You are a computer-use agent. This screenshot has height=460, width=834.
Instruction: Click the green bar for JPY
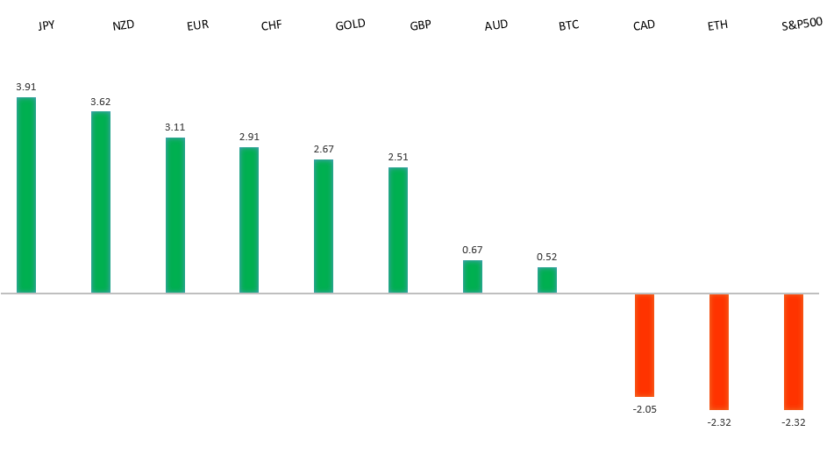[26, 195]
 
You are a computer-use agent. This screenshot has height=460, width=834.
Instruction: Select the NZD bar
[101, 202]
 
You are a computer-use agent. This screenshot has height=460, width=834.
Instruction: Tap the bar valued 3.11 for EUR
[175, 215]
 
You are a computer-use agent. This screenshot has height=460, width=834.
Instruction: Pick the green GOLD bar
[324, 226]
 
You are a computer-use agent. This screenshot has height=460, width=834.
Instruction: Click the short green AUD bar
[473, 276]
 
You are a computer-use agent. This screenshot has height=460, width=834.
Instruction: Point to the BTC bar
[547, 280]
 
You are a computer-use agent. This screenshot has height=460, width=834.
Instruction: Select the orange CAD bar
[645, 345]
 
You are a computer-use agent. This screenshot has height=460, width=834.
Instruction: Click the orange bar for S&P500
[794, 351]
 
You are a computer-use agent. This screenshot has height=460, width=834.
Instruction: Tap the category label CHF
[272, 25]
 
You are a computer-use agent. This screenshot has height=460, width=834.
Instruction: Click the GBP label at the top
[420, 25]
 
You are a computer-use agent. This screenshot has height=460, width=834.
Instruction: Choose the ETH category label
[717, 25]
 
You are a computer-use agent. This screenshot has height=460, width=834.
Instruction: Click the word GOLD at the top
[350, 24]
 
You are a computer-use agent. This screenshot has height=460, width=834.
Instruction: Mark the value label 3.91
[26, 87]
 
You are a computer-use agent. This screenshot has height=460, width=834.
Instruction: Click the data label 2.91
[249, 137]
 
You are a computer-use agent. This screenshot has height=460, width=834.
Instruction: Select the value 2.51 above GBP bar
[398, 157]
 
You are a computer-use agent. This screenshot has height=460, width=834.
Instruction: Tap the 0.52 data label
[547, 257]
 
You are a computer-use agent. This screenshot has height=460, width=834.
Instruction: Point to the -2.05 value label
[645, 408]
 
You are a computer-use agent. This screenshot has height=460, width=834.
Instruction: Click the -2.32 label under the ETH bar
[719, 422]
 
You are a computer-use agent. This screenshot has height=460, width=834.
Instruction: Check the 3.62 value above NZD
[101, 102]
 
